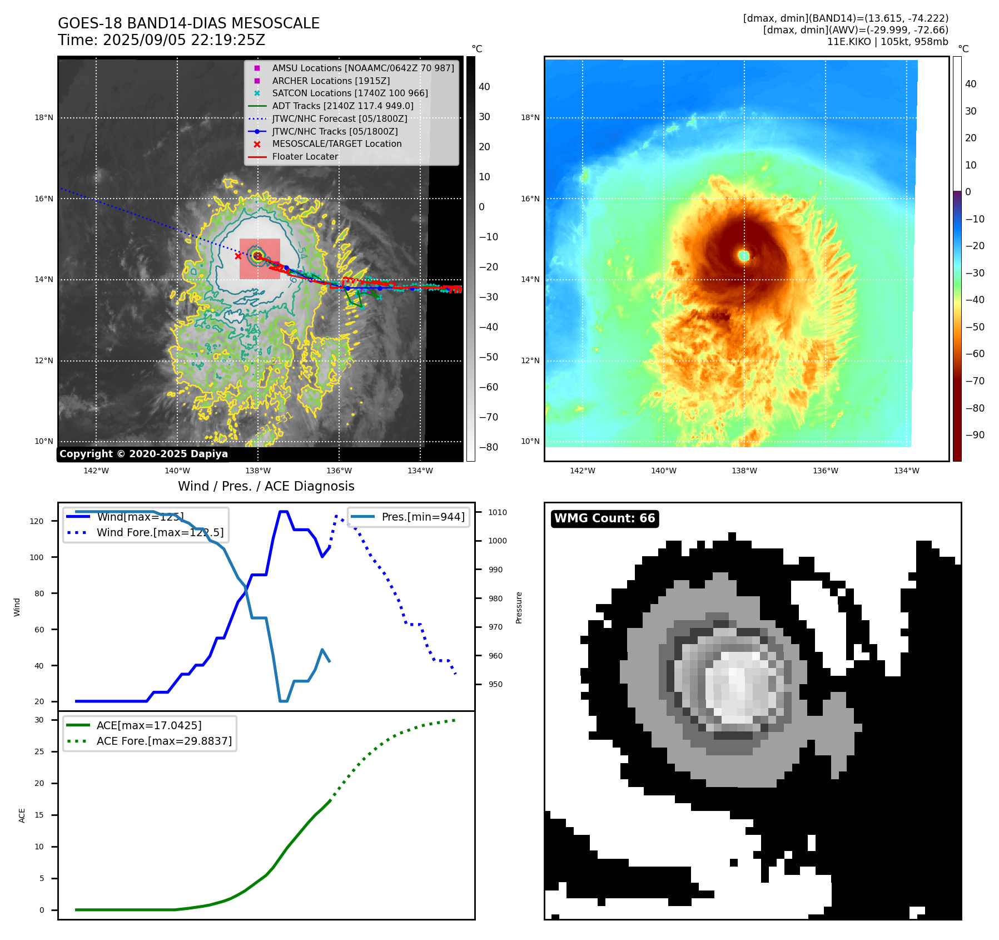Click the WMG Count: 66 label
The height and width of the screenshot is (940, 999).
coord(604,518)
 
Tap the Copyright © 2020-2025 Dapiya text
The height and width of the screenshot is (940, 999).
coord(143,454)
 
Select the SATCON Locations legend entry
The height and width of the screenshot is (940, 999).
coord(350,93)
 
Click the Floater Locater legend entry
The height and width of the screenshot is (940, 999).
coord(305,157)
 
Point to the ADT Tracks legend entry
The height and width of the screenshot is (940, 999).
coord(342,106)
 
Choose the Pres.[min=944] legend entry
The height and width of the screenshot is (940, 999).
coord(423,517)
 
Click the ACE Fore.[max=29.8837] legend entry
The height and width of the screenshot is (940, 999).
coord(164,741)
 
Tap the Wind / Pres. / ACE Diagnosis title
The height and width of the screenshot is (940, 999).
coord(266,486)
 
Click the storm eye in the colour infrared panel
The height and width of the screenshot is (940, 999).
coord(744,256)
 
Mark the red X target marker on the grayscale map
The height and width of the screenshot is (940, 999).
coord(238,256)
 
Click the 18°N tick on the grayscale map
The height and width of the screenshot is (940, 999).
coord(44,118)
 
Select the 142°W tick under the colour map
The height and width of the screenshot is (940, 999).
coord(582,471)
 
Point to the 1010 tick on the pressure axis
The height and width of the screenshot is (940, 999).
coord(498,512)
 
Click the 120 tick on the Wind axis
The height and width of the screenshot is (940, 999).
coord(37,521)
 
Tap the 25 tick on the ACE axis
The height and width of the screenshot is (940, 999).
coord(39,751)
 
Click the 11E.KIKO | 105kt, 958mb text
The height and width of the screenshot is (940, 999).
coord(887,42)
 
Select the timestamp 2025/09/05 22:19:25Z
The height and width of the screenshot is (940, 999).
coord(184,41)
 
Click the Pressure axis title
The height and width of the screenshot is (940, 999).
coord(519,607)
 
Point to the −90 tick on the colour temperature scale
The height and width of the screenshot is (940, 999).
coord(975,435)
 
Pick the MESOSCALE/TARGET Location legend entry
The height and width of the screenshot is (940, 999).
coord(336,144)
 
